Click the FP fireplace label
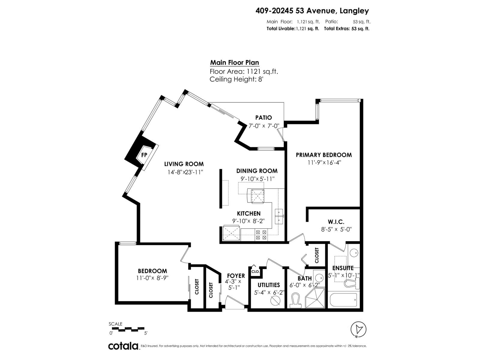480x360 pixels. point(144,155)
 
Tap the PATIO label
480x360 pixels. point(263,118)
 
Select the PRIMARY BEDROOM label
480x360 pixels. point(324,155)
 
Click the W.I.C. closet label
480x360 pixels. point(336,222)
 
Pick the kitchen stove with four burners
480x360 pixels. point(261,235)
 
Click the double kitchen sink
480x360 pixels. point(279,217)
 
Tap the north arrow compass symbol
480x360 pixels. point(358,329)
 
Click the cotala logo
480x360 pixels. point(123,346)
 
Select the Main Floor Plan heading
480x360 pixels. point(234,63)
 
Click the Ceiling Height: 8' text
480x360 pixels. point(236,79)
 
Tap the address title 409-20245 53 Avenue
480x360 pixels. point(312,11)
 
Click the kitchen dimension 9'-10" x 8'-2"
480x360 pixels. point(248,221)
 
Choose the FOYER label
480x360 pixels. point(236,276)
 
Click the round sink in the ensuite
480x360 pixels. point(354,253)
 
